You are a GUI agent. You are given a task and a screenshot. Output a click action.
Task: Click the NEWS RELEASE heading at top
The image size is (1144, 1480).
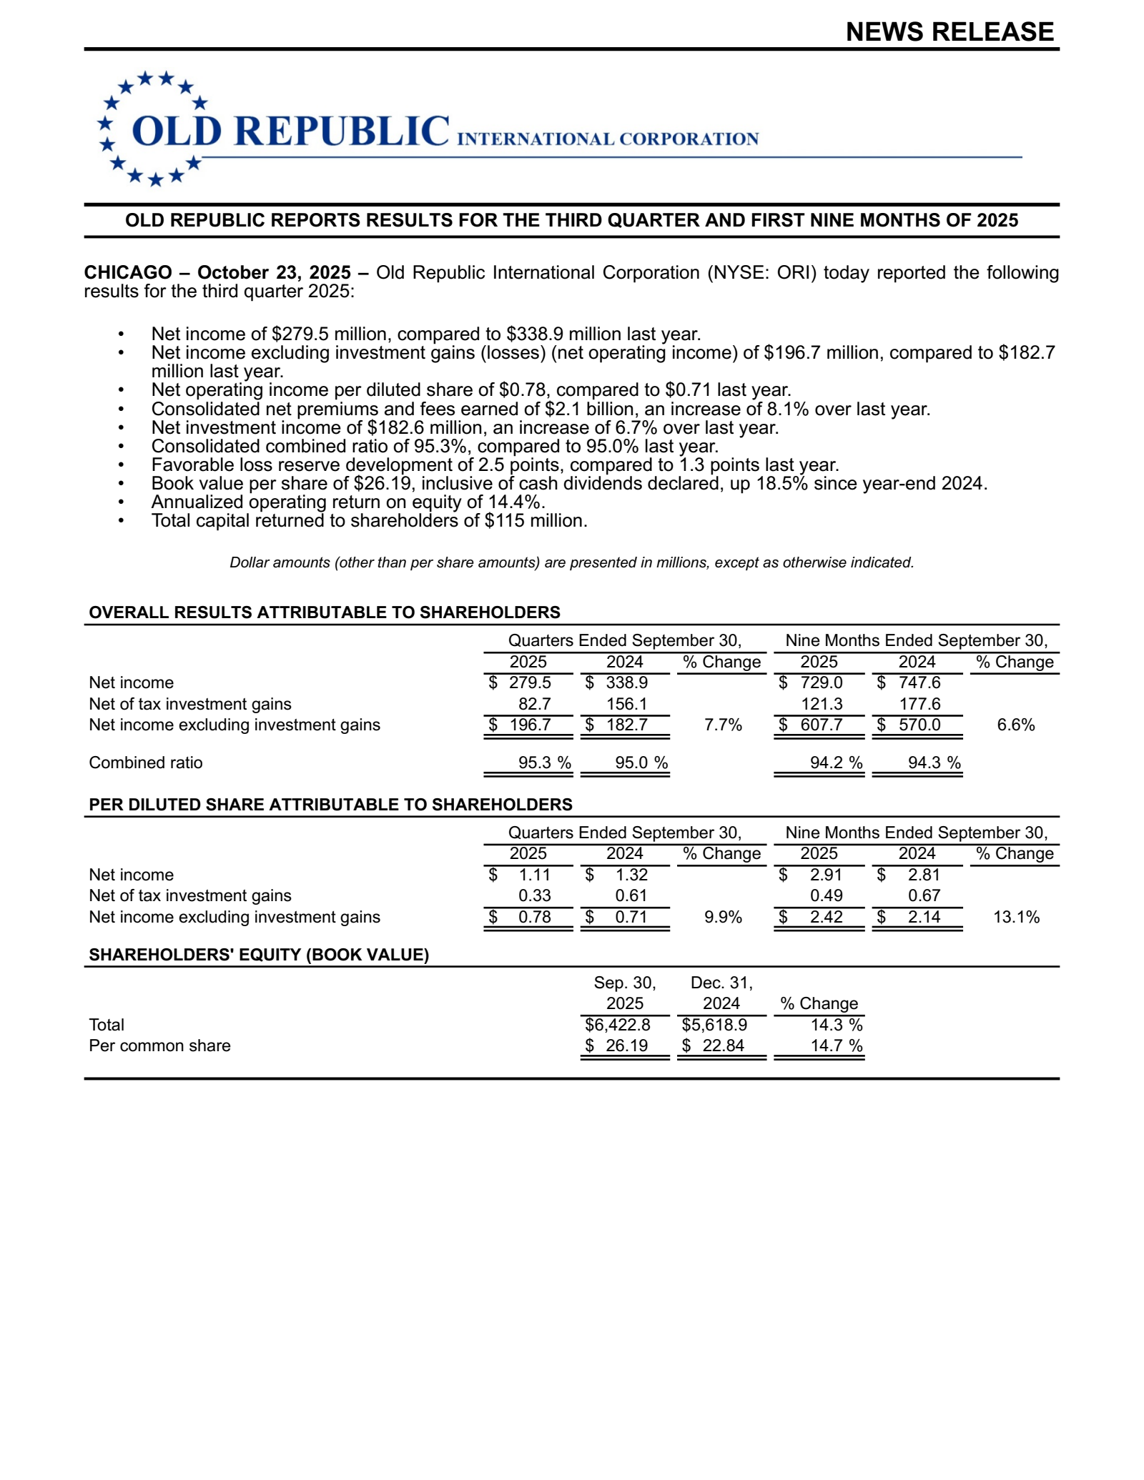[949, 32]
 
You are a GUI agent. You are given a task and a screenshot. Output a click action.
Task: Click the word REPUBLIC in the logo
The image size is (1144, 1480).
[341, 131]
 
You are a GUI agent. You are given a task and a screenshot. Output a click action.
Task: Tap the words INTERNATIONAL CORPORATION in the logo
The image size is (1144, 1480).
[607, 139]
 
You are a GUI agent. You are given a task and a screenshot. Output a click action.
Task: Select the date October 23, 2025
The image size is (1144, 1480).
[274, 273]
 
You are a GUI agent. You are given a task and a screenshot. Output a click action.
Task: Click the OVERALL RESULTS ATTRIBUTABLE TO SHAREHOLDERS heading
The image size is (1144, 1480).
[324, 612]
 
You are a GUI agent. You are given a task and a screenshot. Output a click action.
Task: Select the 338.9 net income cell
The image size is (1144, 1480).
[626, 683]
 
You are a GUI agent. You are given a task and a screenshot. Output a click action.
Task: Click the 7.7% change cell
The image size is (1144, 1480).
[722, 725]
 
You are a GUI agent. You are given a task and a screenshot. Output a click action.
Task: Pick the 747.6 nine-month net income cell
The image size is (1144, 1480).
[919, 683]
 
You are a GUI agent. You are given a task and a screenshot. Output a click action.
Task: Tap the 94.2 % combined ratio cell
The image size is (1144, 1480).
[835, 763]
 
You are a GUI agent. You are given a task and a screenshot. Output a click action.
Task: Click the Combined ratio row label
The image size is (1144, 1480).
[146, 763]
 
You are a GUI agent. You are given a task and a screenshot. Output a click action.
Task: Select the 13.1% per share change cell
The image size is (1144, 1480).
[1015, 918]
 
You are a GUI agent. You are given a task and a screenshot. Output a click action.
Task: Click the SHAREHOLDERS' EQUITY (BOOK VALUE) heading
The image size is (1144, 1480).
[258, 955]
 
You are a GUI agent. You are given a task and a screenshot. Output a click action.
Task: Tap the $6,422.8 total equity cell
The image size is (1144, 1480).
[618, 1025]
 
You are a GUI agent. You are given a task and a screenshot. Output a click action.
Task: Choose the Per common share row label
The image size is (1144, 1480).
[159, 1046]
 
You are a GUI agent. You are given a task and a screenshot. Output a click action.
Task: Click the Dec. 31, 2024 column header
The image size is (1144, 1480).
[721, 993]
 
